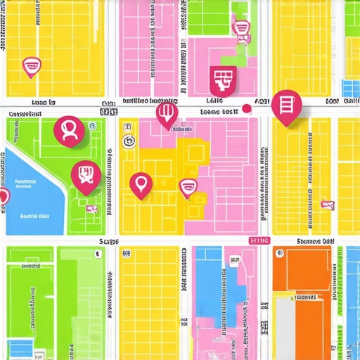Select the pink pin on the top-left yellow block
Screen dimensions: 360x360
[x=31, y=67]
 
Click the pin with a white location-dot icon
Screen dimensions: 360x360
[x=141, y=184]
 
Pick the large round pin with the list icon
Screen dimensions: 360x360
[x=286, y=106]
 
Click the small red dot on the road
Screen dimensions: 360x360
[x=246, y=108]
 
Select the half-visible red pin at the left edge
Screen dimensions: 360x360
[x=3, y=197]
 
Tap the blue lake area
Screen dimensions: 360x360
[x=32, y=190]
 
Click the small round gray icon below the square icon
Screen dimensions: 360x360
[x=128, y=143]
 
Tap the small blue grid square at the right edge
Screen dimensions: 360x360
[x=349, y=88]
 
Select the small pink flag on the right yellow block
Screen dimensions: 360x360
[x=328, y=204]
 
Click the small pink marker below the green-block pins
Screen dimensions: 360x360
[x=91, y=208]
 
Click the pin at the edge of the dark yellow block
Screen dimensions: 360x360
[x=188, y=188]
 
